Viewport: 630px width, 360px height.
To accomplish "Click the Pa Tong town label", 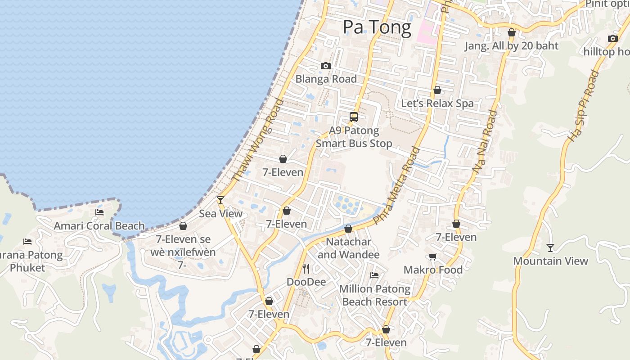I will pyautogui.click(x=377, y=27).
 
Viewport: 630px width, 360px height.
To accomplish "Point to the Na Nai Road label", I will pyautogui.click(x=485, y=142).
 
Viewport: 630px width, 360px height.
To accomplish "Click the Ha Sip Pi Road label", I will pyautogui.click(x=584, y=107).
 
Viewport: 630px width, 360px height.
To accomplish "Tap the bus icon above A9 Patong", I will pyautogui.click(x=354, y=117).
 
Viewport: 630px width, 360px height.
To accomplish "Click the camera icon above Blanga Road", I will pyautogui.click(x=326, y=66).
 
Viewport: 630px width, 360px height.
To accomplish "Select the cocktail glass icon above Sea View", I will pyautogui.click(x=220, y=200).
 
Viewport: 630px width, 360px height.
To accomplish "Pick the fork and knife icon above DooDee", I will pyautogui.click(x=306, y=269).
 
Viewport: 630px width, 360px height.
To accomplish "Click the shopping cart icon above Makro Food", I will pyautogui.click(x=432, y=256).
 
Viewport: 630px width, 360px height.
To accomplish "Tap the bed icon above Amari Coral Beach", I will pyautogui.click(x=99, y=212).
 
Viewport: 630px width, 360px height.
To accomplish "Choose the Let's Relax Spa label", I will pyautogui.click(x=437, y=103).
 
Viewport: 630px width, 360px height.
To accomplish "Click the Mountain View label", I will pyautogui.click(x=550, y=261).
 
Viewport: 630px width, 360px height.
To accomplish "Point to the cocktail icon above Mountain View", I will pyautogui.click(x=550, y=247).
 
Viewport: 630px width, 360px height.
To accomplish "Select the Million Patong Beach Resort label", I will pyautogui.click(x=375, y=295).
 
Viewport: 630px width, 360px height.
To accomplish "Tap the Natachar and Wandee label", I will pyautogui.click(x=349, y=248).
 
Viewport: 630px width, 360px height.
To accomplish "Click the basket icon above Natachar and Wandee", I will pyautogui.click(x=348, y=229).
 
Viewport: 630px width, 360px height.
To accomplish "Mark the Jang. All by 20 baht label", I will pyautogui.click(x=511, y=46).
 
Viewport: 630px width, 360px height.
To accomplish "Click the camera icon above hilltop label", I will pyautogui.click(x=612, y=38).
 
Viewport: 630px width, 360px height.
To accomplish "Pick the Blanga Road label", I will pyautogui.click(x=326, y=79).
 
